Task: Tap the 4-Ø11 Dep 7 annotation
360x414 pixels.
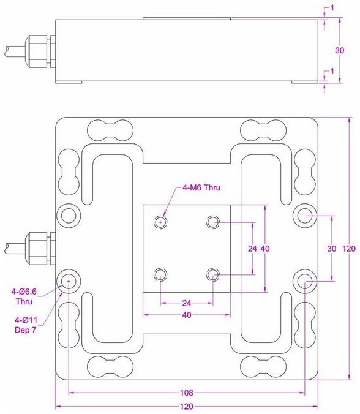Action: tap(24, 325)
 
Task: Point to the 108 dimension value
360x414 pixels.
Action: tap(187, 392)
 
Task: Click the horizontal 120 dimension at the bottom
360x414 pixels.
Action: tap(187, 407)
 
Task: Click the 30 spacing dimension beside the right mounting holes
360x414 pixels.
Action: tap(331, 249)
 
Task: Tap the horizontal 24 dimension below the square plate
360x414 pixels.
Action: tap(187, 302)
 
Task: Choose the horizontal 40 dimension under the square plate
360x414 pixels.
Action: tap(187, 315)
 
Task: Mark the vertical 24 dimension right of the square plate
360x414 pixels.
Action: tap(251, 249)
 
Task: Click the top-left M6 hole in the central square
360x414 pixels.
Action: tap(161, 221)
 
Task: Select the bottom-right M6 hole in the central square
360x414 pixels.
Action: tap(213, 274)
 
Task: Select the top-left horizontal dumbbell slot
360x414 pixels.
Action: tap(111, 130)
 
